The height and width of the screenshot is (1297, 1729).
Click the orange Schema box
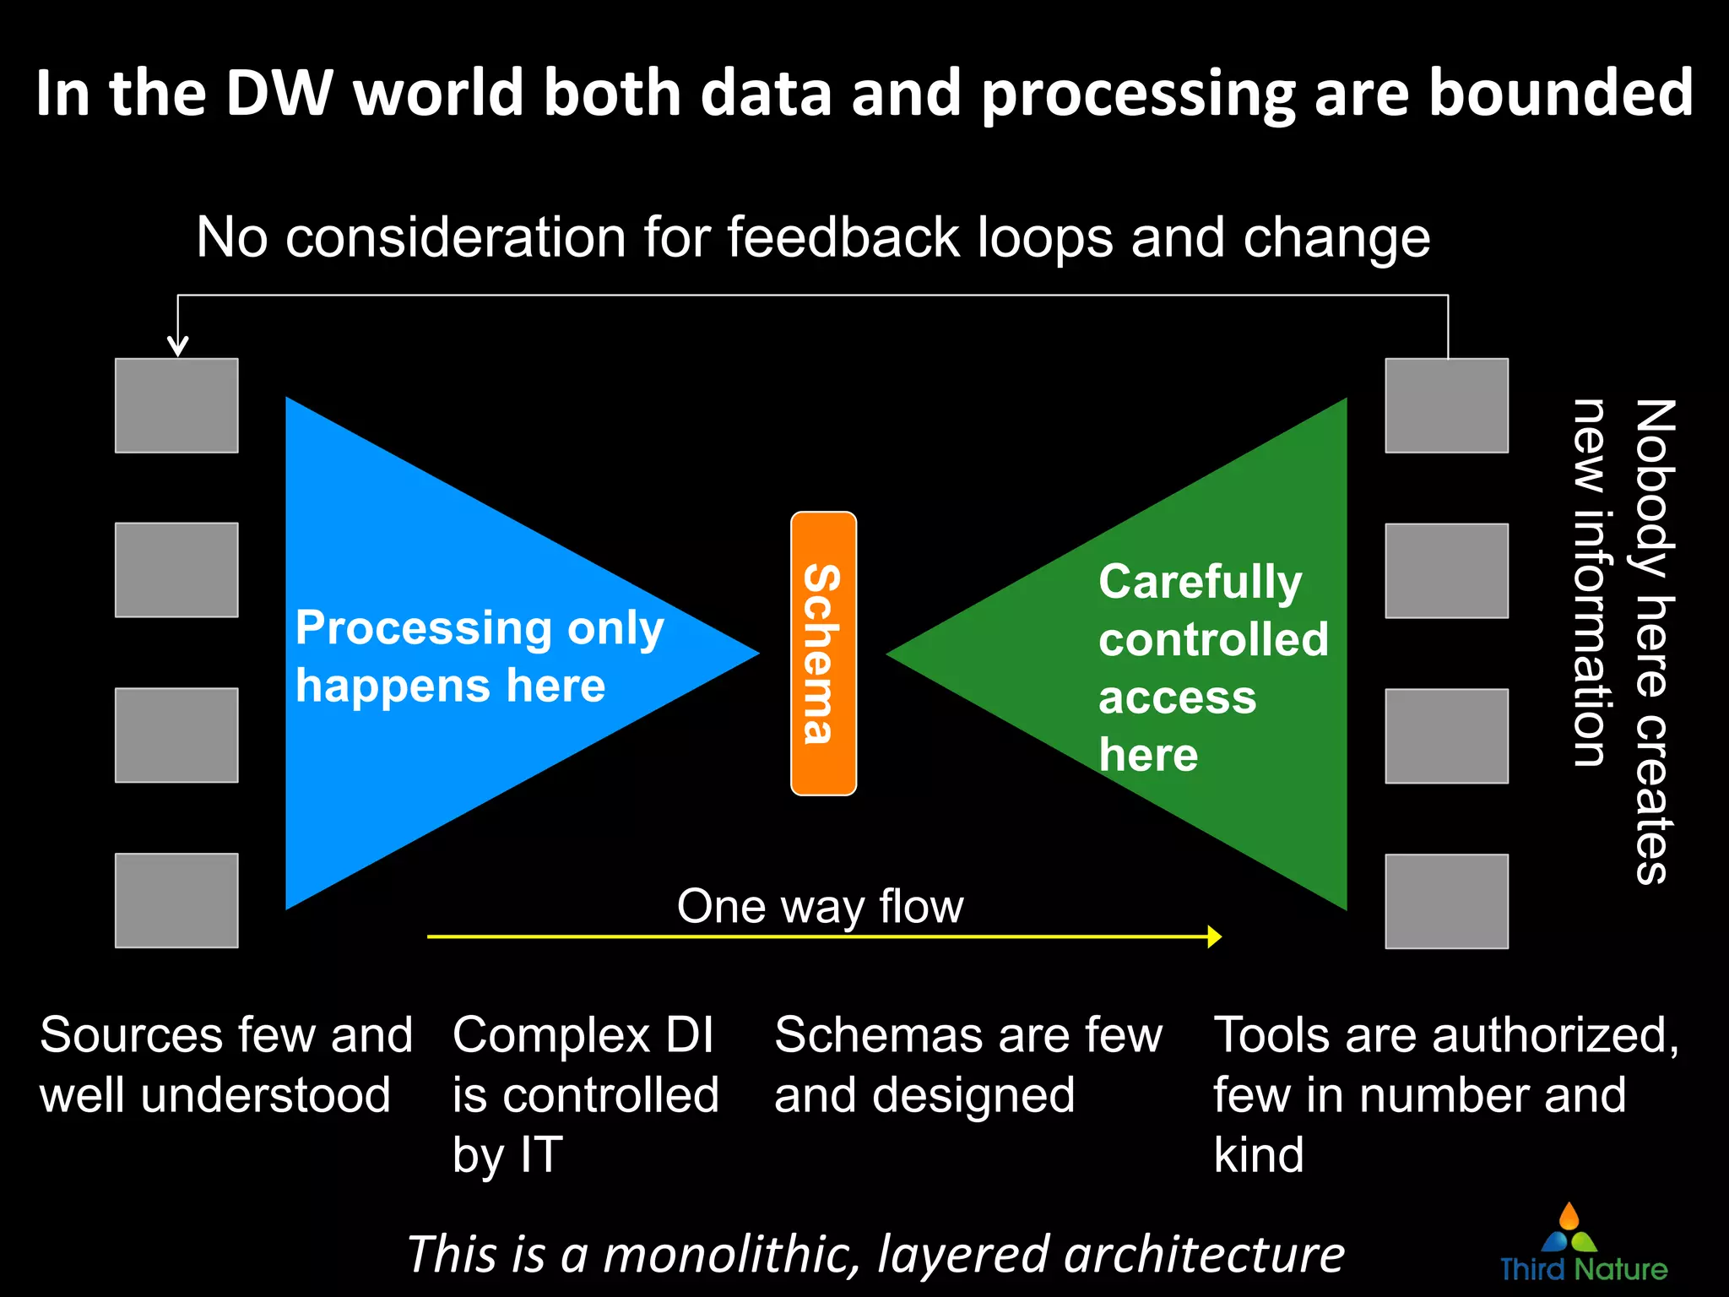coord(823,653)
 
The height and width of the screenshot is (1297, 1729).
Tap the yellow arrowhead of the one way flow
coord(1215,936)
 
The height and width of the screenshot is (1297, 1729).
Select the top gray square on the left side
coord(176,405)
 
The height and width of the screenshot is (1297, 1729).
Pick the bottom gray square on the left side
coord(176,900)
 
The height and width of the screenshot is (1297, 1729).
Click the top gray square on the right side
coord(1446,405)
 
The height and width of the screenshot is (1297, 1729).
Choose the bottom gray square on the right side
coord(1446,901)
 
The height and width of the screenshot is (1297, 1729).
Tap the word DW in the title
coord(279,93)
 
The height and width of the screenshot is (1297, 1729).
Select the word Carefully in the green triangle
coord(1200,583)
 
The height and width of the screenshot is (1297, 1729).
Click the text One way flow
coord(820,907)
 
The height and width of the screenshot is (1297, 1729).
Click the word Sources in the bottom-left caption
coord(131,1035)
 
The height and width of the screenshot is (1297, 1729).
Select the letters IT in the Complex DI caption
coord(541,1155)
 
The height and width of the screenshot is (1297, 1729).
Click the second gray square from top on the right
coord(1446,571)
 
